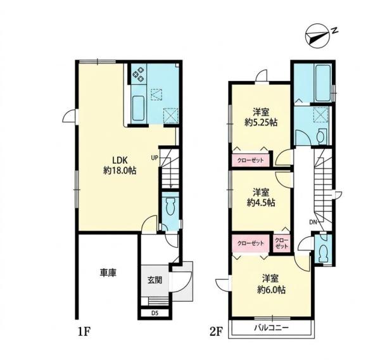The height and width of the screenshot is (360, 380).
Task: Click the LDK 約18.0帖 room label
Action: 120,165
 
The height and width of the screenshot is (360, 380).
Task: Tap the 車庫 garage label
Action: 108,273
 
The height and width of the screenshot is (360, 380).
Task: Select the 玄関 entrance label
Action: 155,280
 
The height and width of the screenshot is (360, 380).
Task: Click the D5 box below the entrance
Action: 155,313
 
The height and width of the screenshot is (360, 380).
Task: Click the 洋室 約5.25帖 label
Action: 261,117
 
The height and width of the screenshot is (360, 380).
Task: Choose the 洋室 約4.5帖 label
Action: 261,198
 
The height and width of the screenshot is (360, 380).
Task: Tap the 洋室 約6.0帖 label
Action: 271,285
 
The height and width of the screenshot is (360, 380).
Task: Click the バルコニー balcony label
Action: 272,328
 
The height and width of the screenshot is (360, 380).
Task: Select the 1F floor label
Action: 84,332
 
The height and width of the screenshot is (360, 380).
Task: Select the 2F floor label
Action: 216,332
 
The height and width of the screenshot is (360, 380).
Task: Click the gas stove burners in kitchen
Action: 139,74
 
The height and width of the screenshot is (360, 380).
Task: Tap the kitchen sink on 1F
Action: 138,108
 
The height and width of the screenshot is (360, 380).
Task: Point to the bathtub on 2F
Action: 322,83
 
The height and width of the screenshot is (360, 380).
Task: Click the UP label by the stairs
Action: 155,158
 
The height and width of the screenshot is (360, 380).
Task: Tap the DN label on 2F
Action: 313,221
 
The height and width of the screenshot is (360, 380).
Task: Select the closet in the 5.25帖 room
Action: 251,160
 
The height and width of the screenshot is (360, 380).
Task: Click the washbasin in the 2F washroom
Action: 320,136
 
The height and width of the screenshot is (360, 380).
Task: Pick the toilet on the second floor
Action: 323,254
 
